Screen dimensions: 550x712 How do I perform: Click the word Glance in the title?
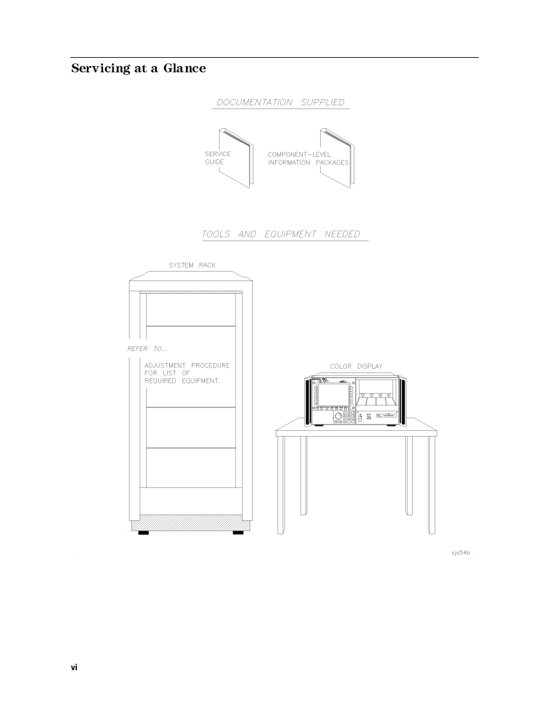tap(185, 68)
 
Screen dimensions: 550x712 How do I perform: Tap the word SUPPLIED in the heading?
tap(323, 102)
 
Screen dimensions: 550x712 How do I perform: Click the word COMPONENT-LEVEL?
tap(299, 154)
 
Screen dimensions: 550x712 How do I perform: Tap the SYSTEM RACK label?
tap(192, 265)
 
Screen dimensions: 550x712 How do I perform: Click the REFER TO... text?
tap(147, 349)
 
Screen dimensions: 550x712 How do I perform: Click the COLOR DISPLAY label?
tap(356, 366)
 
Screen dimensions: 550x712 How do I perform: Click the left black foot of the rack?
tap(144, 532)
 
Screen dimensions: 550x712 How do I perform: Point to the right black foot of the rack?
tap(238, 532)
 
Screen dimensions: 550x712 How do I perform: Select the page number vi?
tap(74, 667)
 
